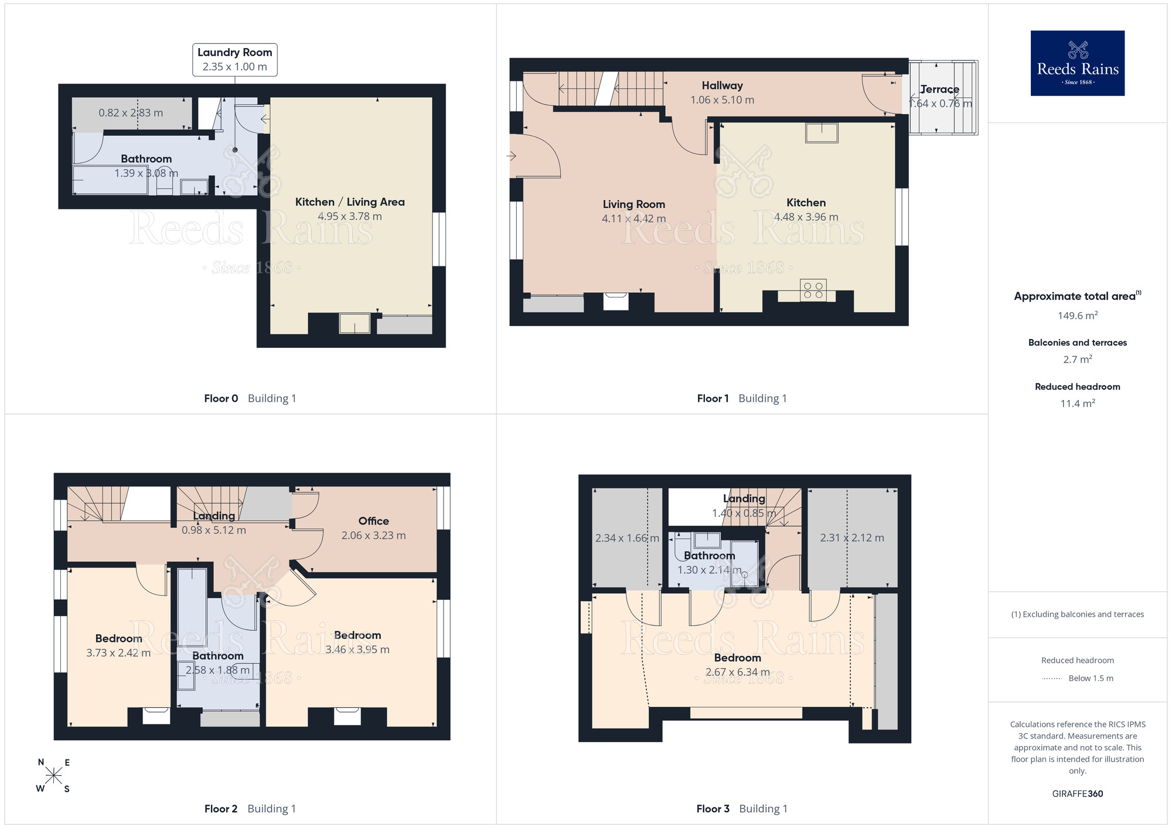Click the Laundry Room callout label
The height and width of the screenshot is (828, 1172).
click(x=235, y=60)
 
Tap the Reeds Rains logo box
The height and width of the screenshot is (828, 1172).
click(x=1078, y=63)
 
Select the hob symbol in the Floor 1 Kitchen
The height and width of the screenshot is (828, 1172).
click(x=813, y=290)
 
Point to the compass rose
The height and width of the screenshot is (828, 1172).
click(x=53, y=776)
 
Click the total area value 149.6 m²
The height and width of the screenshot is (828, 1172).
click(x=1078, y=316)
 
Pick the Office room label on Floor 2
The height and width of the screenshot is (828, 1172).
click(x=374, y=521)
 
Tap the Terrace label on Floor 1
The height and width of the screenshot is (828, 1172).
click(x=939, y=90)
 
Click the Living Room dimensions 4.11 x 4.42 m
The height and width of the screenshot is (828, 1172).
click(x=634, y=219)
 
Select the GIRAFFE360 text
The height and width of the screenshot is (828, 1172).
click(x=1078, y=794)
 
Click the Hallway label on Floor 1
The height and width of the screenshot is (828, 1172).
click(x=723, y=86)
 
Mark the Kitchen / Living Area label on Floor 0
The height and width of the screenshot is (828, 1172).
click(x=350, y=202)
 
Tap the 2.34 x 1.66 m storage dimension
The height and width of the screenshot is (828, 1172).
click(x=627, y=538)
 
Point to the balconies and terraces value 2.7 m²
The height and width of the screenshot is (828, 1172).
click(x=1078, y=360)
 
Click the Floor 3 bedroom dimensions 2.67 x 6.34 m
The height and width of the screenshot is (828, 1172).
click(x=738, y=672)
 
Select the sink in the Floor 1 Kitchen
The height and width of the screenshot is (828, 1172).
click(x=822, y=133)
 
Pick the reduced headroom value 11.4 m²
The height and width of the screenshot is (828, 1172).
click(x=1078, y=403)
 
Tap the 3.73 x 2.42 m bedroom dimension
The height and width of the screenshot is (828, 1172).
click(x=118, y=653)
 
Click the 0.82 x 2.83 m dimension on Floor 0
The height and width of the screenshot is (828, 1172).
click(x=131, y=113)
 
